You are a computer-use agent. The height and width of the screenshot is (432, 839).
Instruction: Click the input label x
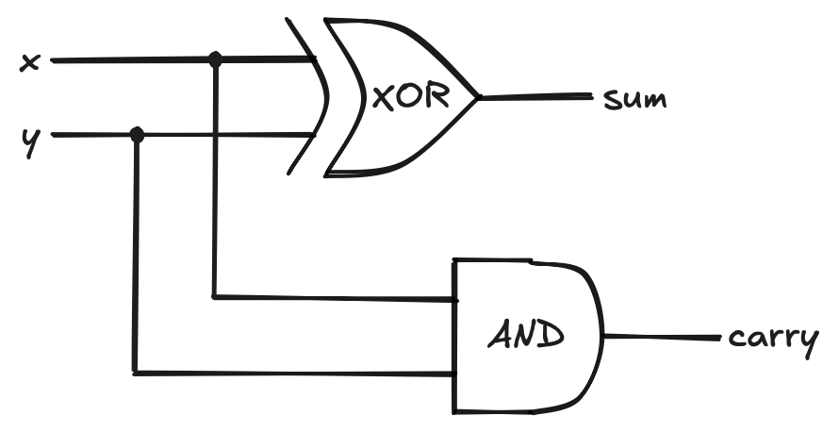point(29,63)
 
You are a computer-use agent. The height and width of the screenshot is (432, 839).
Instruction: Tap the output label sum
point(634,98)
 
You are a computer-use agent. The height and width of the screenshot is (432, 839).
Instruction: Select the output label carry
point(772,339)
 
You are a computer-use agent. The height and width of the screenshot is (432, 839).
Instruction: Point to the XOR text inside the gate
point(409,97)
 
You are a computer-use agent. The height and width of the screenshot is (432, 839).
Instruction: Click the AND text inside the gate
point(526,335)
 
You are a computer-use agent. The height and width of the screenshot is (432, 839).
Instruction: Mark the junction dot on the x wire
point(215,60)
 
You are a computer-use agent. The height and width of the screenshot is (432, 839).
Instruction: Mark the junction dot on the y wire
point(137,135)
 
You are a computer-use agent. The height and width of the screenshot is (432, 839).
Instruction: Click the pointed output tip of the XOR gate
point(479,96)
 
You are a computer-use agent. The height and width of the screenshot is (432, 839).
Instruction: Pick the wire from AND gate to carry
point(660,337)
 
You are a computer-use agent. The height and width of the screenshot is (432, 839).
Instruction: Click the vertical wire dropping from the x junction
point(215,179)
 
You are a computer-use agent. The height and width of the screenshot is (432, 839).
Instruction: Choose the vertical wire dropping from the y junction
point(137,255)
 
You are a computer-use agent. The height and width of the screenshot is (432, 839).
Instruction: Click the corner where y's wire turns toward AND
point(137,374)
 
